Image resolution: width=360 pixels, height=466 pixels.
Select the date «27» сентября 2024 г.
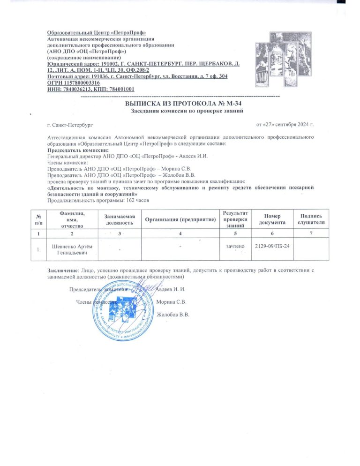285,125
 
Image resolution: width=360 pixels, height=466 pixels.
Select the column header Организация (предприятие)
180,219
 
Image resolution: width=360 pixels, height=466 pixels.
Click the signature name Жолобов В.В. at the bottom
173,315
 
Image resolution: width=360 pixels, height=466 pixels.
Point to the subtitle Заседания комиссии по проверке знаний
187,111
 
